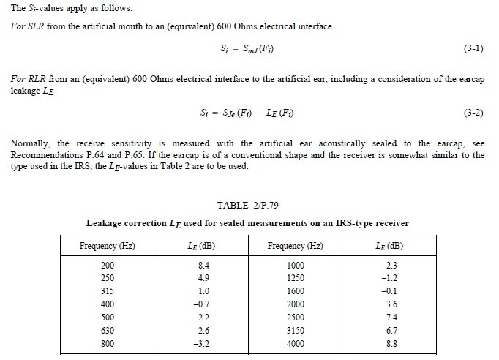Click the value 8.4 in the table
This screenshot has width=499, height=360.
194,265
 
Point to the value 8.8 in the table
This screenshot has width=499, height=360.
390,345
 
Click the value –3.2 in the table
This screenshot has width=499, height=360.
193,345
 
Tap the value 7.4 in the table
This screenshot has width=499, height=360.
390,318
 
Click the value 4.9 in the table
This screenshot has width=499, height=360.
194,278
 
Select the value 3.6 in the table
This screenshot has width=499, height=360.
390,304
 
